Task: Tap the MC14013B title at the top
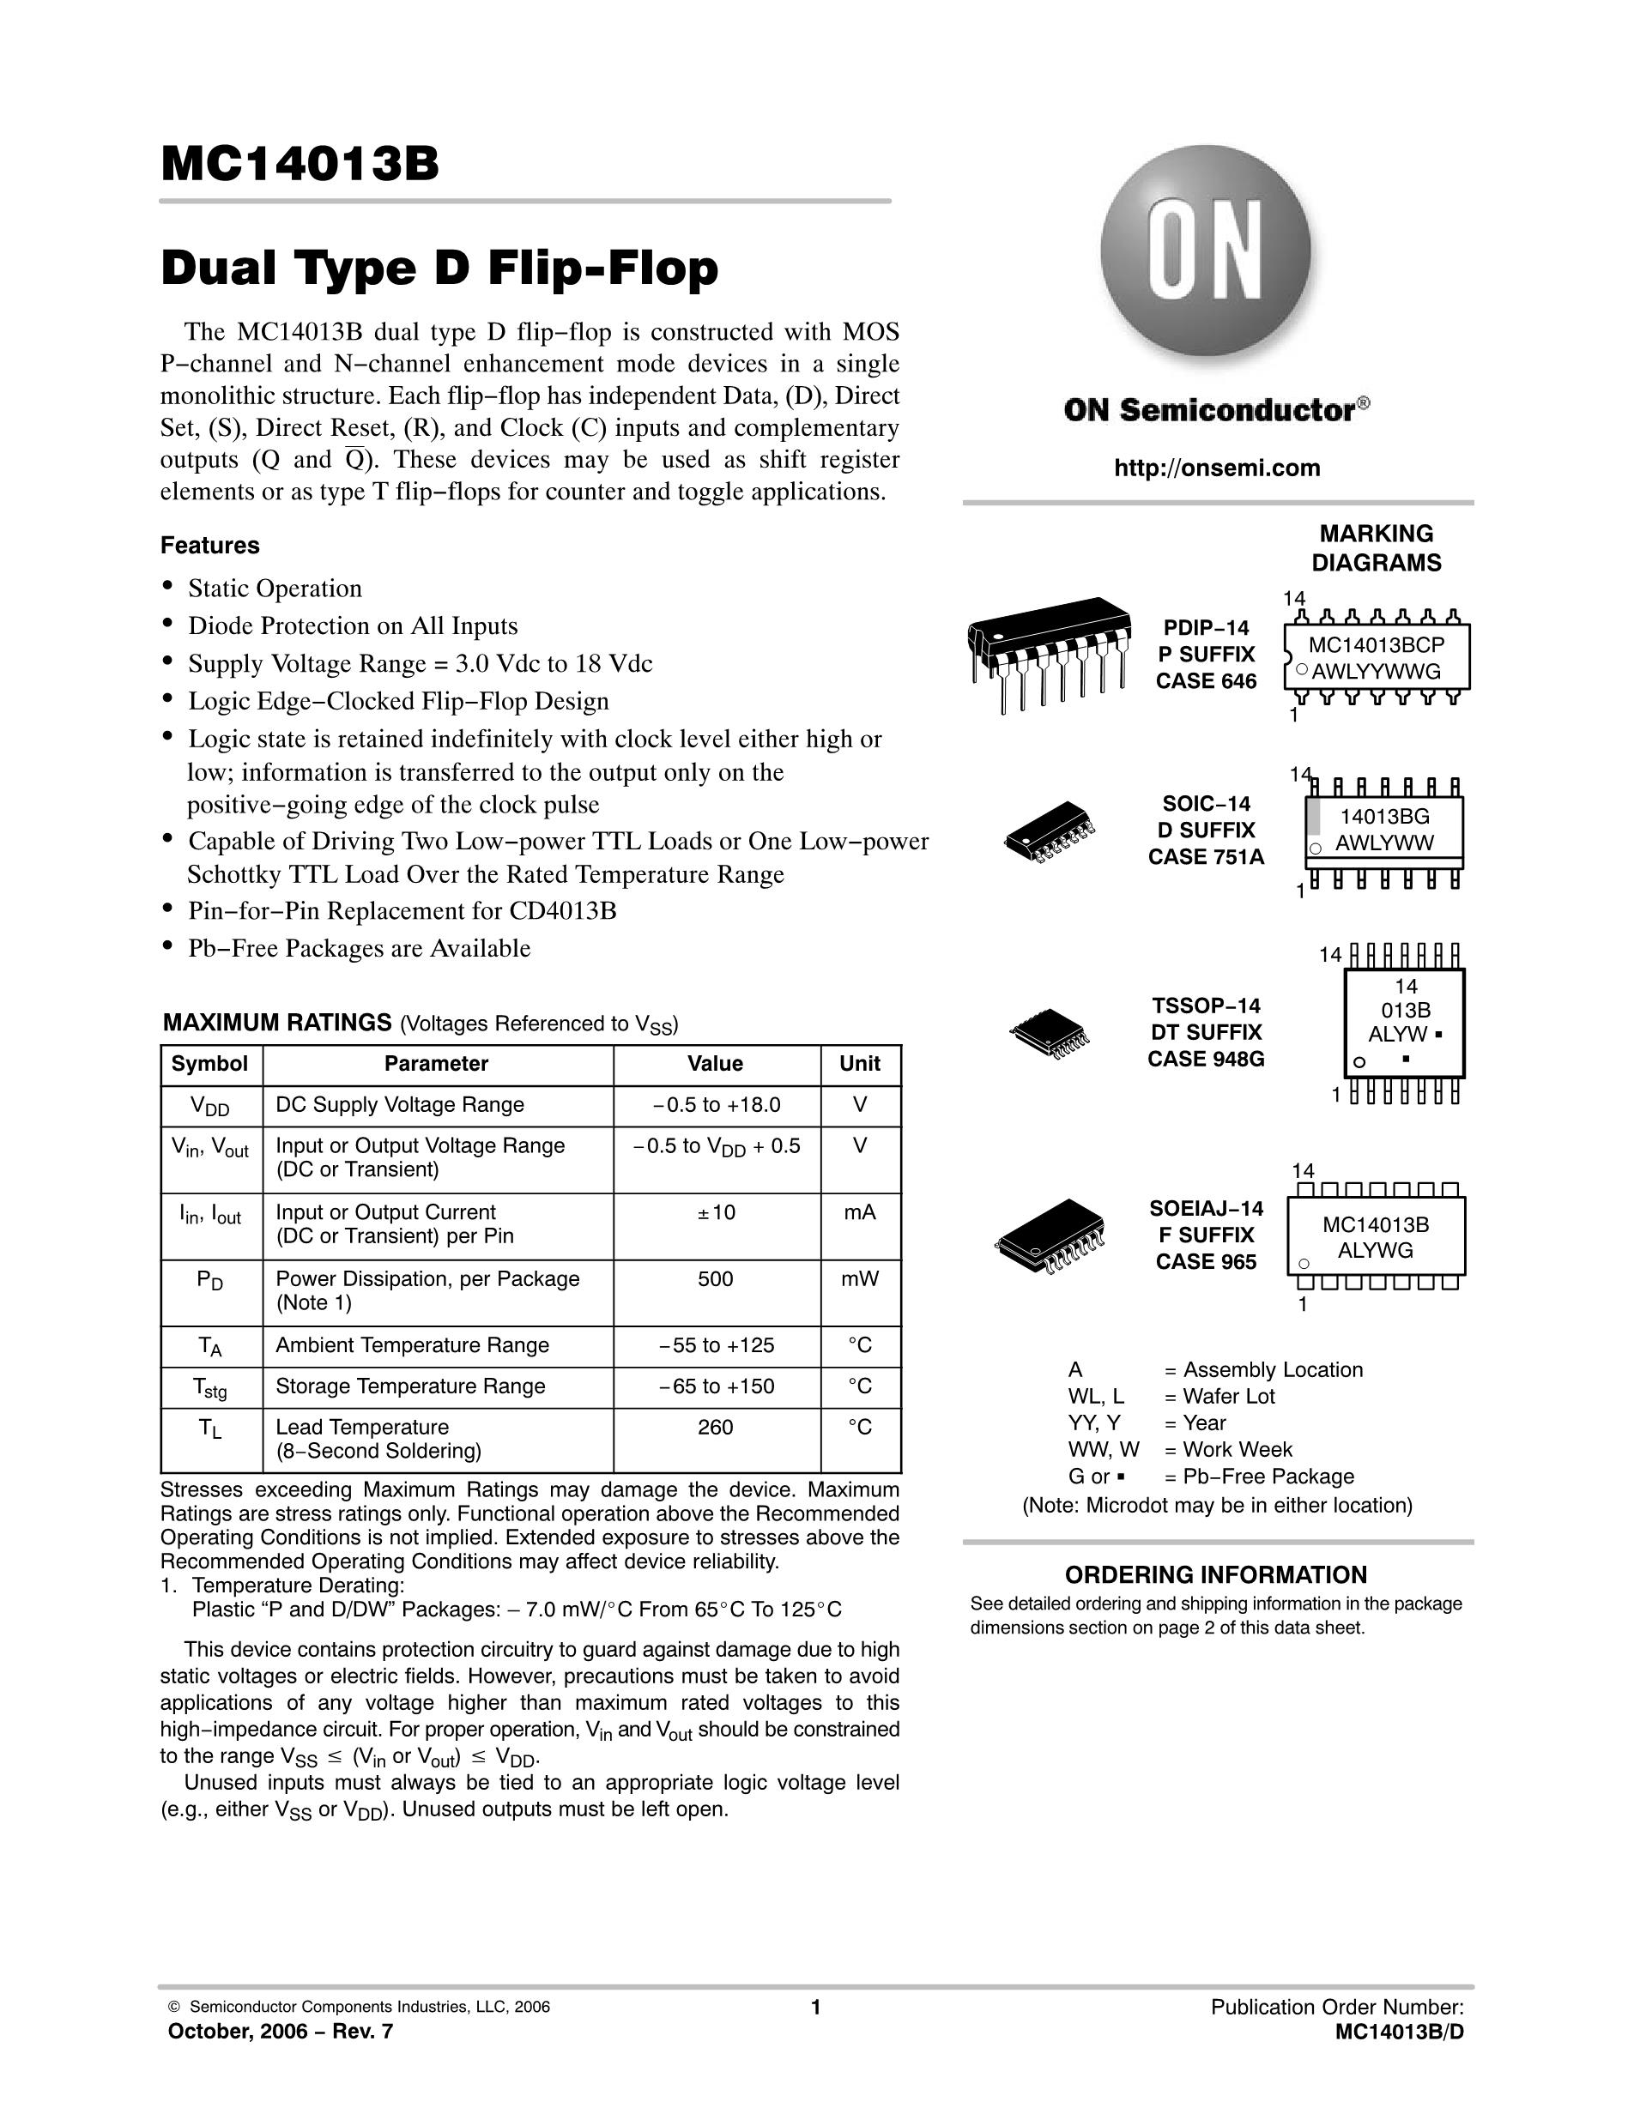coord(300,165)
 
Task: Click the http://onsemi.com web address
coord(1217,468)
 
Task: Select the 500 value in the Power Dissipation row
coord(716,1278)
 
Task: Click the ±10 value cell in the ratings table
coord(716,1212)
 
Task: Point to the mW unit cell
coord(860,1278)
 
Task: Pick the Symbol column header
coord(209,1064)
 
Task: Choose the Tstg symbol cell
coord(211,1387)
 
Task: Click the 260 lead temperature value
coord(716,1427)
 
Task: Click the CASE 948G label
coord(1206,1059)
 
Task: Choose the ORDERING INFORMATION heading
coord(1216,1575)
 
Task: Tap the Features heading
coord(210,546)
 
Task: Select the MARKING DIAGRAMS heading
coord(1376,548)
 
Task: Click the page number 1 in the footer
coord(815,2008)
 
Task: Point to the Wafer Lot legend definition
coord(1227,1396)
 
